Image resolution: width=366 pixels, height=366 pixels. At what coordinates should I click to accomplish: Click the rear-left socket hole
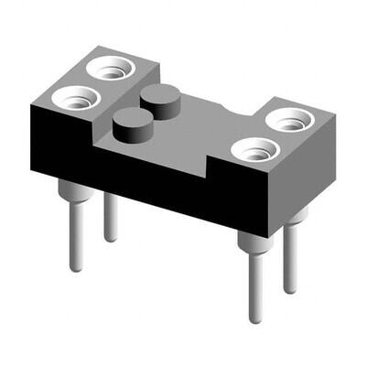[x=113, y=68]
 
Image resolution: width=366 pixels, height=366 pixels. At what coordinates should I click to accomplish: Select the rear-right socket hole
[x=291, y=119]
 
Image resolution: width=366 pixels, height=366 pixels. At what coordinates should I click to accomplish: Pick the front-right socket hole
[x=253, y=148]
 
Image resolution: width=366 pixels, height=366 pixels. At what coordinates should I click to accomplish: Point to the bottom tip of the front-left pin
[x=77, y=268]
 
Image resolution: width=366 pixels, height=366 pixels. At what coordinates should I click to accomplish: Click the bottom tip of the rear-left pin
[x=111, y=238]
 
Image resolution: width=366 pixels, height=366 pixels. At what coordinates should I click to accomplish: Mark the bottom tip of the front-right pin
[x=255, y=319]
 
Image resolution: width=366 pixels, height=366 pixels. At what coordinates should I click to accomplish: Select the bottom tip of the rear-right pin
[x=290, y=290]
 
